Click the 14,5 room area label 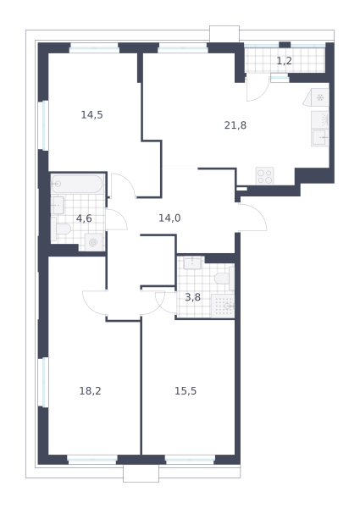pos(91,114)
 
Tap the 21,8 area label pos(235,125)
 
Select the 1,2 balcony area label pos(284,61)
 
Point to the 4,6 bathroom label pos(84,218)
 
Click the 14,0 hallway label pos(169,218)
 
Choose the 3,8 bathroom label pos(192,297)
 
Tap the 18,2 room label pos(90,390)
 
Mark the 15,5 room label pos(186,390)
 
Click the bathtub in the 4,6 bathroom pos(77,184)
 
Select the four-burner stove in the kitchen pos(265,176)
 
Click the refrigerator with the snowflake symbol pos(318,97)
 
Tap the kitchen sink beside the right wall pos(320,138)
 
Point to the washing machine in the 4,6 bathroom pos(94,242)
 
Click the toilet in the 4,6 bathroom pos(61,229)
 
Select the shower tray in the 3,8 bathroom pos(223,306)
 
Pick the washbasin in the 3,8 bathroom pos(192,262)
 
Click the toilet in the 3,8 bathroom pos(224,278)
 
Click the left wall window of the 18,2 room pos(43,382)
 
